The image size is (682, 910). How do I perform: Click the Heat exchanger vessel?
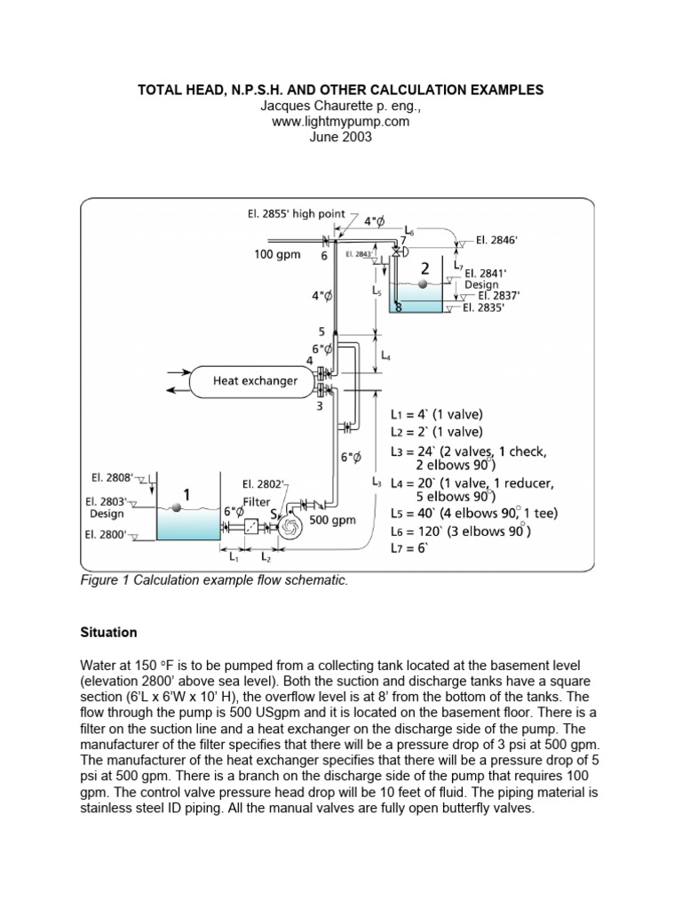(x=254, y=381)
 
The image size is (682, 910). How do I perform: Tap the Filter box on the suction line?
(x=251, y=526)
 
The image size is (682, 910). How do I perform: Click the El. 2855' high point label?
(x=296, y=213)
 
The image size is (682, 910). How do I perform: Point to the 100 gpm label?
(x=277, y=254)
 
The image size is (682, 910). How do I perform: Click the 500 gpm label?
(x=332, y=519)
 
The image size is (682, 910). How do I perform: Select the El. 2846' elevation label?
(x=496, y=240)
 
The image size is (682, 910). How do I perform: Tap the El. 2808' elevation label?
(x=112, y=477)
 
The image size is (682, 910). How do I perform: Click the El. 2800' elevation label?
(x=106, y=534)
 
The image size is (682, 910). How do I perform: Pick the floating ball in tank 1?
(x=178, y=507)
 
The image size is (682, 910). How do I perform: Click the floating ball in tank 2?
(x=423, y=283)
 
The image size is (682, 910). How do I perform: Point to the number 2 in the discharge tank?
(x=425, y=268)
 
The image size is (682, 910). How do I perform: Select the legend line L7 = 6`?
(x=409, y=547)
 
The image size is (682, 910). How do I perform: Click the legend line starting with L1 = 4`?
(x=437, y=414)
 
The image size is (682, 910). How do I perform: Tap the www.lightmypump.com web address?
(x=340, y=121)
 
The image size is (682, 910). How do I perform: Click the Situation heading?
(x=108, y=632)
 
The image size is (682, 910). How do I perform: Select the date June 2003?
(x=340, y=137)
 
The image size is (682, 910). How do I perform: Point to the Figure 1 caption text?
(x=214, y=580)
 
